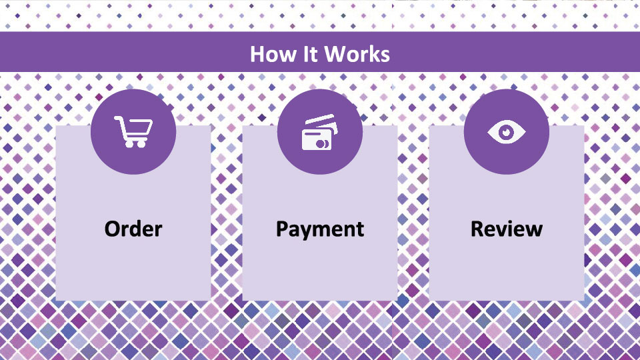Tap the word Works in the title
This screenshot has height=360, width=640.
(357, 54)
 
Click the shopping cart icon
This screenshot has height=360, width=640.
(133, 131)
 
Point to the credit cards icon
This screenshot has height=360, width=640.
(320, 132)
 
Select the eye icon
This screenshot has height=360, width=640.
(507, 132)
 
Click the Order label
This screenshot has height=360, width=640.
(133, 229)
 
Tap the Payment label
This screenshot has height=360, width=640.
(320, 229)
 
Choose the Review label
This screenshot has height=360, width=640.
(507, 229)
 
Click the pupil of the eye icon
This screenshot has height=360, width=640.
(507, 132)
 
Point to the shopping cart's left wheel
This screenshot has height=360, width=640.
(129, 144)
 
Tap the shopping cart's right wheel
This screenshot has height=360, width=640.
(141, 144)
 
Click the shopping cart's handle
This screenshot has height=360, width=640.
(118, 119)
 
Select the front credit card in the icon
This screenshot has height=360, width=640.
(317, 139)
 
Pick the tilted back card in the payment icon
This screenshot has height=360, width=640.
(321, 120)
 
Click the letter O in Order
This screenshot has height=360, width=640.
(113, 229)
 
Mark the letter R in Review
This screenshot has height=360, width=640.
(477, 229)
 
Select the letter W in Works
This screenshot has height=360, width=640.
(335, 54)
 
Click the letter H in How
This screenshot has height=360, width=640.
(257, 54)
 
